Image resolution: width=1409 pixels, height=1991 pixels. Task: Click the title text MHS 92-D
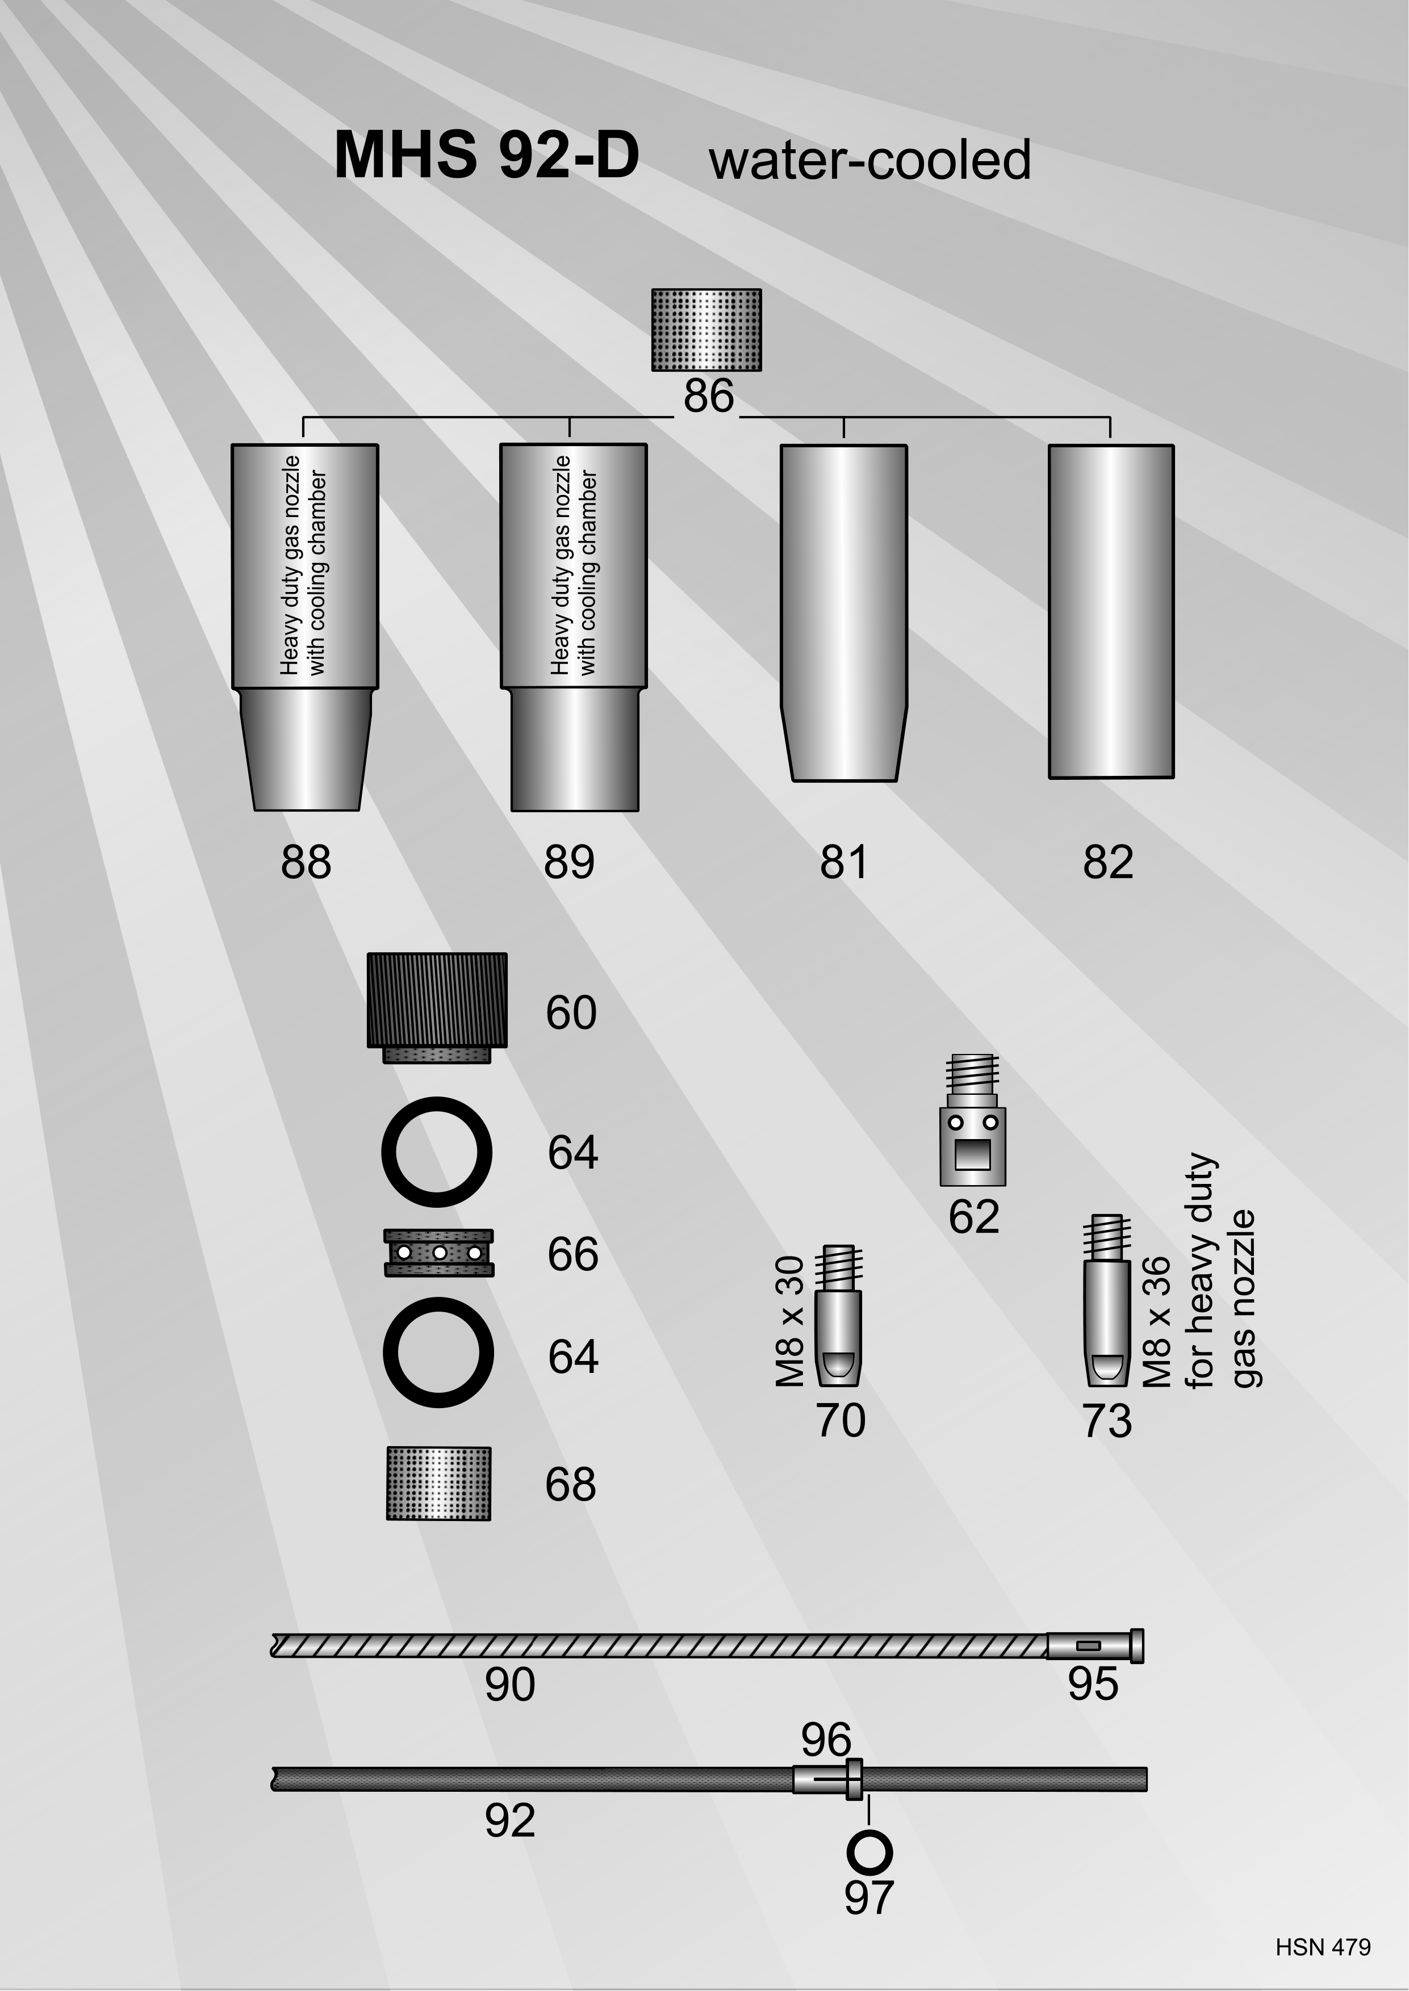click(487, 156)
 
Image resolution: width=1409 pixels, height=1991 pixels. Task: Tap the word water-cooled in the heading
click(870, 161)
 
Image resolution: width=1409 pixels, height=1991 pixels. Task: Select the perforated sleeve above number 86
click(707, 330)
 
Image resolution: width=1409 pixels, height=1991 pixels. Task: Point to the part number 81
click(844, 862)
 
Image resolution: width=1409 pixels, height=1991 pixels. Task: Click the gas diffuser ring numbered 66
click(439, 1253)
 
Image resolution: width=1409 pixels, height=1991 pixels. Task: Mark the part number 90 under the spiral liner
click(510, 1685)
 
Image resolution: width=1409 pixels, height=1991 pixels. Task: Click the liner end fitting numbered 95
click(1095, 1646)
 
